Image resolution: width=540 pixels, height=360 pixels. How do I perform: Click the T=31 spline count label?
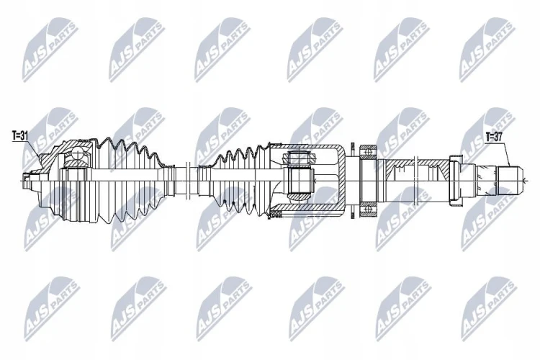click(x=19, y=136)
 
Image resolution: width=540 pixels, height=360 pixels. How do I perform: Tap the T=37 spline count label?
click(x=494, y=138)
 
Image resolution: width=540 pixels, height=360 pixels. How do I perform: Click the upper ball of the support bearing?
click(x=369, y=151)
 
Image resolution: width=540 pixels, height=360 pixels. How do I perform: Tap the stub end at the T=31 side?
click(x=27, y=180)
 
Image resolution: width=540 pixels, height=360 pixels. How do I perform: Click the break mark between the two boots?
click(x=188, y=180)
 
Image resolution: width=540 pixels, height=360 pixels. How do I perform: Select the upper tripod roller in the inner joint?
click(x=299, y=158)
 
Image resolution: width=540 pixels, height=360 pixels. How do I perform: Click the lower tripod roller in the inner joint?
click(x=299, y=197)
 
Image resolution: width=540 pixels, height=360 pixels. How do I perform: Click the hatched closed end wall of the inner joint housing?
click(x=341, y=180)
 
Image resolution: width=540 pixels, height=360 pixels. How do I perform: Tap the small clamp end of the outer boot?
click(x=169, y=180)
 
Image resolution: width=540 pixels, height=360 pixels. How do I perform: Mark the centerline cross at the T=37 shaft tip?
click(x=524, y=180)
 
